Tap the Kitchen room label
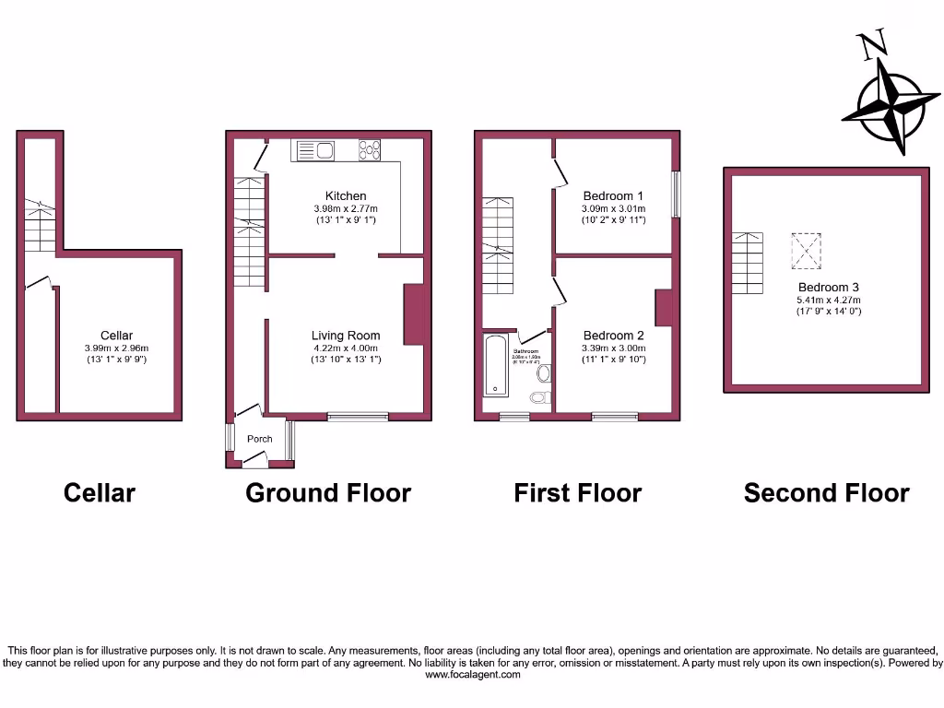[x=346, y=195]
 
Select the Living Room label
[x=346, y=336]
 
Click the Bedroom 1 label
[x=613, y=195]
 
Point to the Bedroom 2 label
[x=613, y=336]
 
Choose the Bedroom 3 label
[x=829, y=288]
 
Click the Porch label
[x=260, y=439]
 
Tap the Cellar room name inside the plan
[x=117, y=336]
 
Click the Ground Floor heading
[x=328, y=493]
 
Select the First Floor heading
[x=577, y=493]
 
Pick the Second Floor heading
[x=826, y=493]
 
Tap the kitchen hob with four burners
[x=370, y=149]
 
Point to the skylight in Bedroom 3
[x=806, y=248]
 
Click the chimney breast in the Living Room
[x=414, y=315]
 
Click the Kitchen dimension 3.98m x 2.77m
[x=346, y=208]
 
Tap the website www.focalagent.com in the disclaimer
[x=472, y=674]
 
